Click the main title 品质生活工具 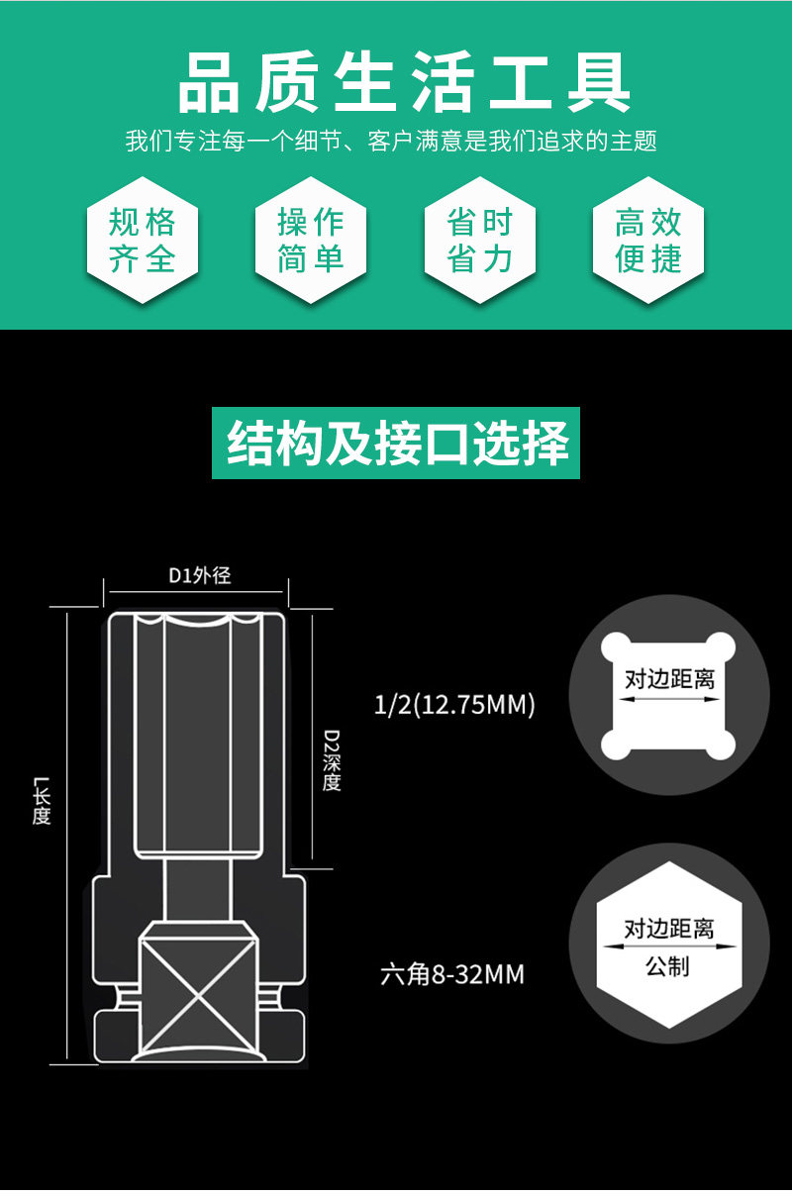404,82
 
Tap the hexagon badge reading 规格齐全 142,241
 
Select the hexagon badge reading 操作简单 311,241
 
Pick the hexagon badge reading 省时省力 479,241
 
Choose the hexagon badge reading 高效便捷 648,241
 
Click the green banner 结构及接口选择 396,443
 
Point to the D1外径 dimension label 200,575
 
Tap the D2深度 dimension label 332,759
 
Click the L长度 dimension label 42,800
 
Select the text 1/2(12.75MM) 454,704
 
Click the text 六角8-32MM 452,974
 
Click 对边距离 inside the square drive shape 669,679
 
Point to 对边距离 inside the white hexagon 669,929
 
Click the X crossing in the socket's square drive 198,997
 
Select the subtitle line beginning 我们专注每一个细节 391,141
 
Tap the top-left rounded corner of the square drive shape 616,647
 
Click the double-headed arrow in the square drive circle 669,698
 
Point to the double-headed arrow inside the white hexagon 669,947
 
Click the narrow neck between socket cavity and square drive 198,889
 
